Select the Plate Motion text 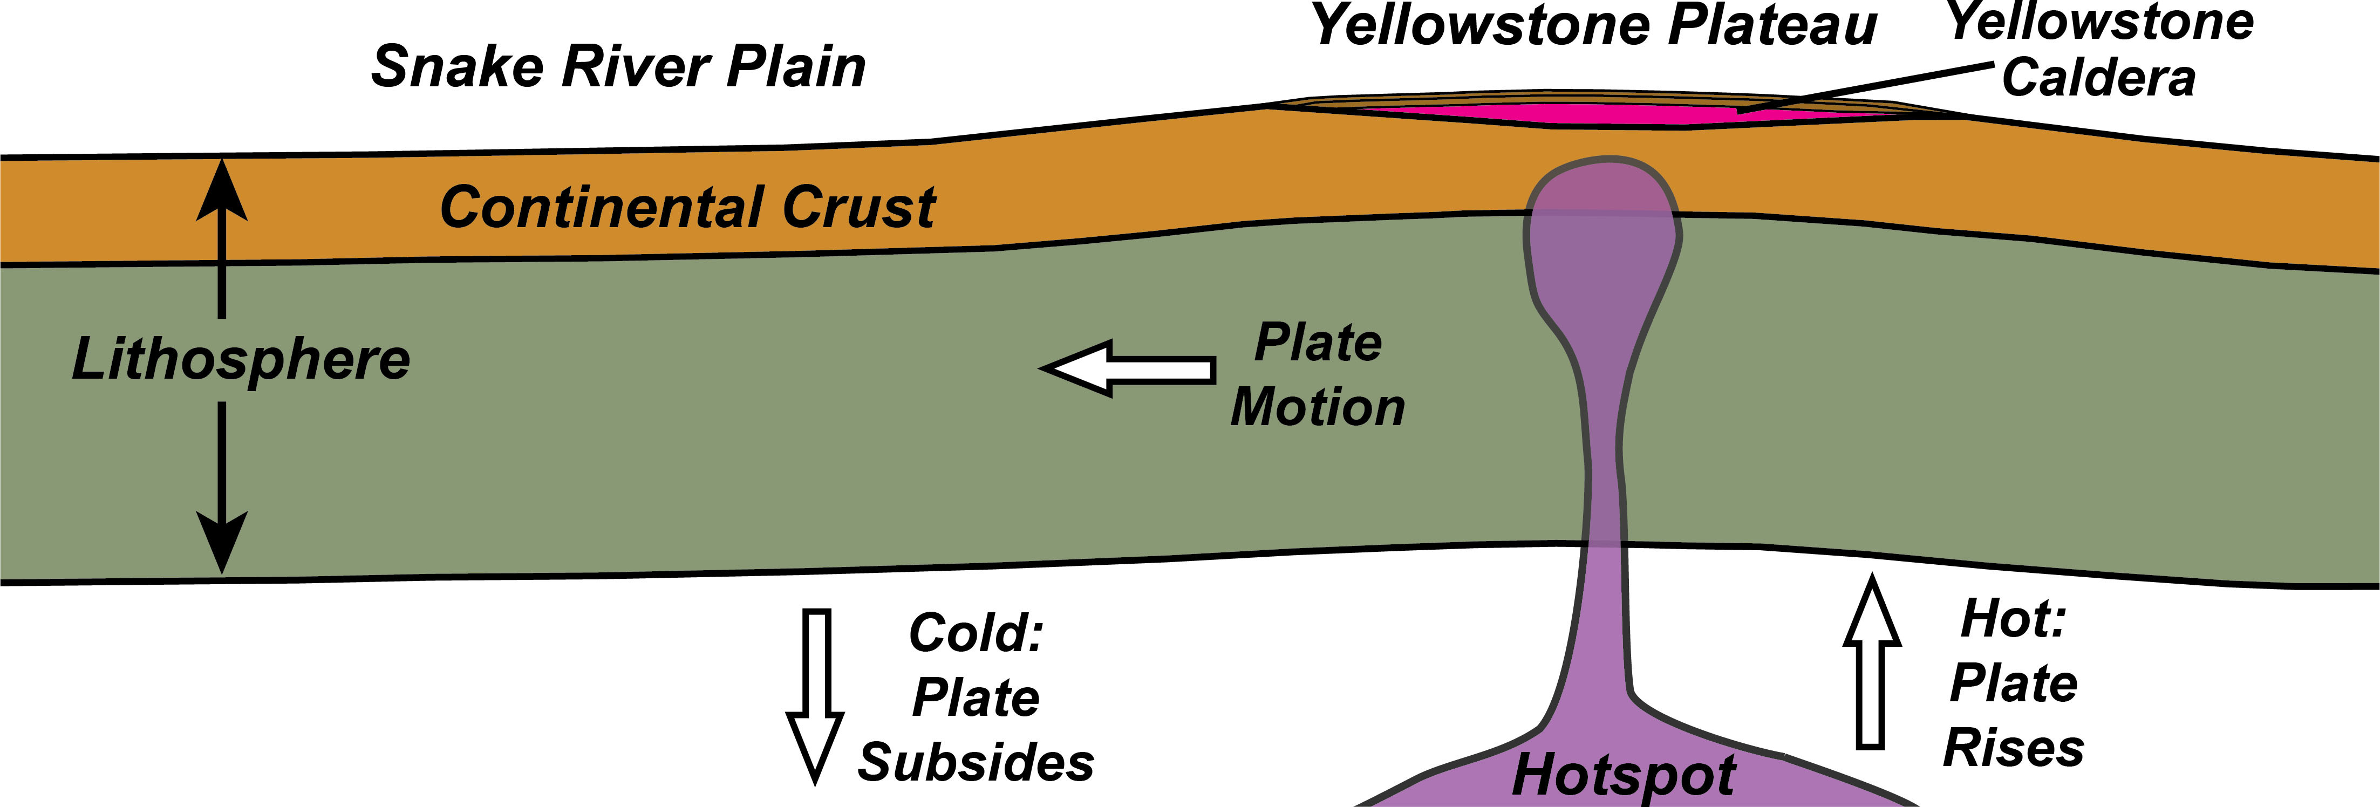click(1318, 375)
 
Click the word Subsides click(976, 763)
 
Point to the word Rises click(2014, 748)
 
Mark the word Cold click(976, 633)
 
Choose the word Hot click(2012, 619)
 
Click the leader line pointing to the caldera click(1866, 88)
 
